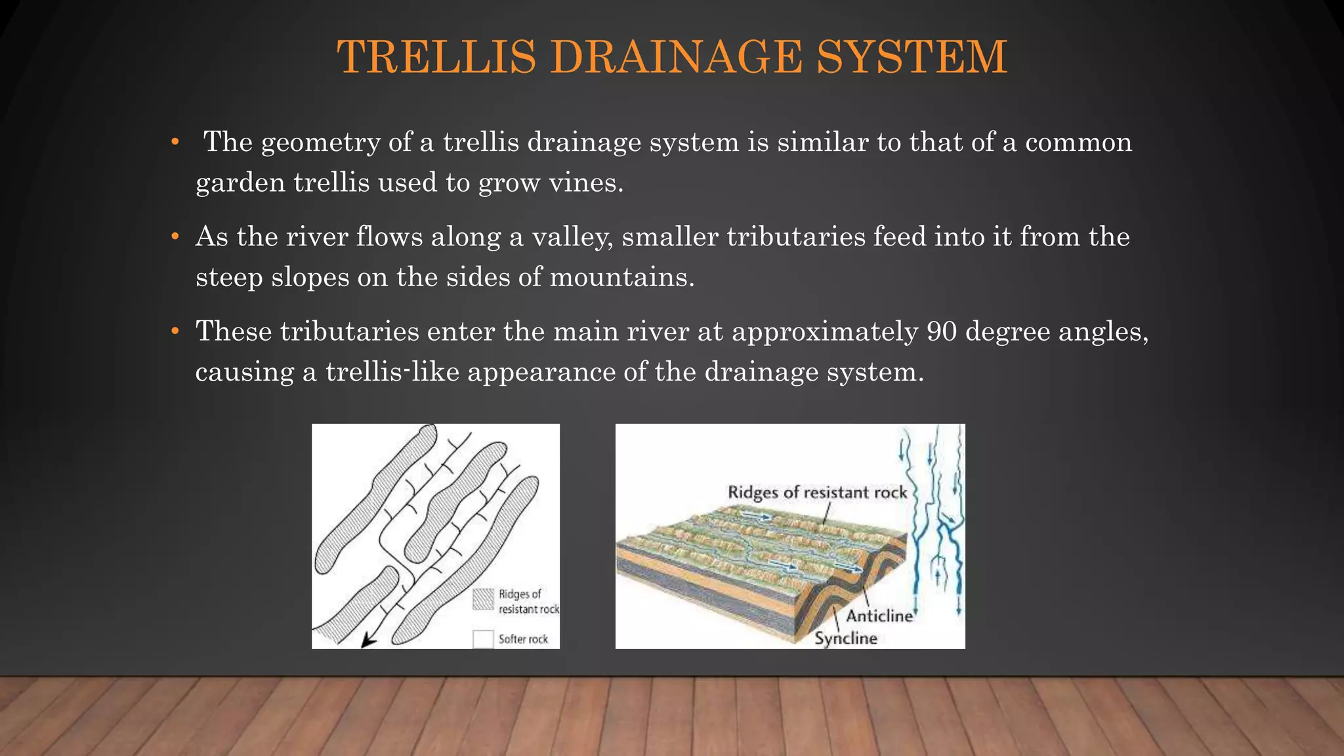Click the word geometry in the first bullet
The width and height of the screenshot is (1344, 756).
coord(320,143)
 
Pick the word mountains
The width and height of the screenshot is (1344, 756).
coord(621,277)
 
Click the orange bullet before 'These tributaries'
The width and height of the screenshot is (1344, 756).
coord(175,331)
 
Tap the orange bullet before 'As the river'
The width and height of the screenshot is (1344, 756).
coord(175,237)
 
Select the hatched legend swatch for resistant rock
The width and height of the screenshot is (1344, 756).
coord(484,599)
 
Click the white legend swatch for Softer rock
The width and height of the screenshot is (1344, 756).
coord(484,639)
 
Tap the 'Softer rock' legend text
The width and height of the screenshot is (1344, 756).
coord(523,639)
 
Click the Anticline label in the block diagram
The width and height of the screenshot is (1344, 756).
coord(879,616)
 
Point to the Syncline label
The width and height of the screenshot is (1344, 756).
coord(846,638)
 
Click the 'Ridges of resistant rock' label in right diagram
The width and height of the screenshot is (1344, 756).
coord(817,492)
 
